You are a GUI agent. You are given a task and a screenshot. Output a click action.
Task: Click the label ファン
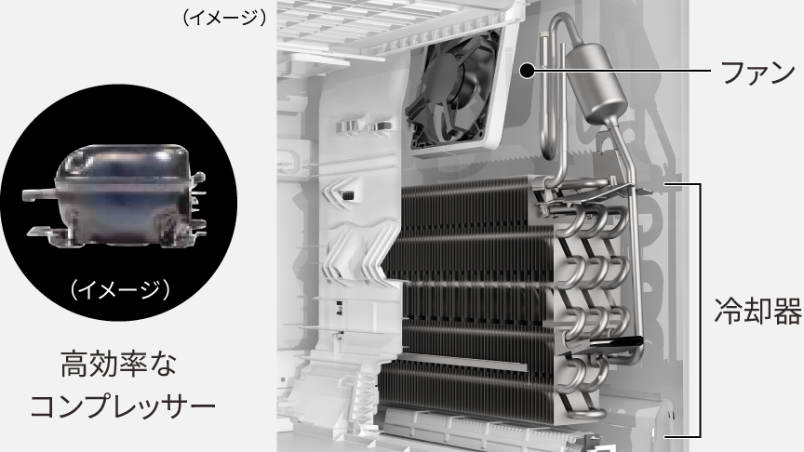point(757,73)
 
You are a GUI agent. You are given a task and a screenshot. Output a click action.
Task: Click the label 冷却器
point(757,311)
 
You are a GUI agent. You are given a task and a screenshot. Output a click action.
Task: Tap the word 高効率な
point(118,365)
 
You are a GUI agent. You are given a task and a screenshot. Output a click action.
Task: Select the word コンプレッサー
point(123,407)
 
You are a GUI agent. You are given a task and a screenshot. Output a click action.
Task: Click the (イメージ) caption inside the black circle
point(120,290)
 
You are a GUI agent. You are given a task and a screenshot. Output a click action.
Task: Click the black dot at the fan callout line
point(527,71)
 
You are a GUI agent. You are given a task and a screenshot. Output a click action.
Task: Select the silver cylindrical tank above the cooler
point(596,84)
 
